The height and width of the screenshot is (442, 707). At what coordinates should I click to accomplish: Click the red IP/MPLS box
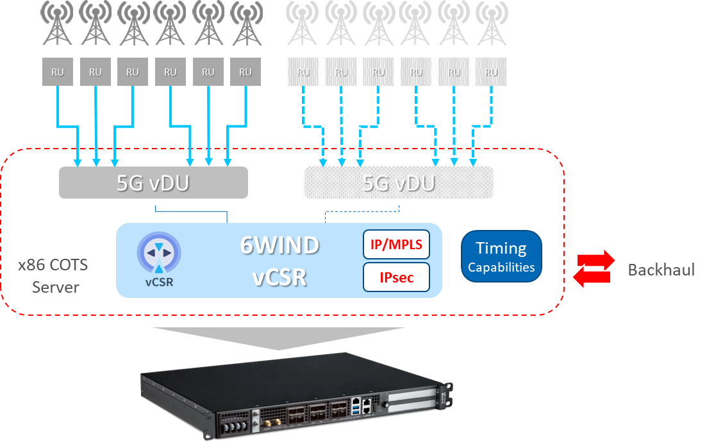click(x=396, y=245)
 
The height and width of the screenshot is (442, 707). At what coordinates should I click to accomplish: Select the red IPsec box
click(x=396, y=277)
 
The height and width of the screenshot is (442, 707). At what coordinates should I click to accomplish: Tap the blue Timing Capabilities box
click(x=501, y=256)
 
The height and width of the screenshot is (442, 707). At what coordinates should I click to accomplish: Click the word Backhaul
click(x=661, y=270)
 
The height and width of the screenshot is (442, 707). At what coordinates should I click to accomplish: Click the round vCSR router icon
click(x=159, y=253)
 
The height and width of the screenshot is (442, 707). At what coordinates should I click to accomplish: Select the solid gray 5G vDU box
click(x=153, y=183)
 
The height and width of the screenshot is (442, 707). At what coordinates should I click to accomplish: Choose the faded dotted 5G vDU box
click(x=399, y=183)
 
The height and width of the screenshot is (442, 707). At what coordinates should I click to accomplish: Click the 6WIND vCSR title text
click(x=280, y=261)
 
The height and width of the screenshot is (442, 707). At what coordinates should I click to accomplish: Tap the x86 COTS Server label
click(x=53, y=275)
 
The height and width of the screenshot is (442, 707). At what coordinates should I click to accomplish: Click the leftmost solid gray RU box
click(x=58, y=72)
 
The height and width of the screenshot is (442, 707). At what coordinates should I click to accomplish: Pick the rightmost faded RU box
click(x=492, y=72)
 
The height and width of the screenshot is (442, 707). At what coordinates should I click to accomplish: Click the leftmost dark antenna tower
click(x=58, y=24)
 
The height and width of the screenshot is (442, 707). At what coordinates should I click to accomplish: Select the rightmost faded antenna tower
click(x=492, y=24)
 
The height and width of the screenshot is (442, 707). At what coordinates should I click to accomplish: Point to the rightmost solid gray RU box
click(x=245, y=72)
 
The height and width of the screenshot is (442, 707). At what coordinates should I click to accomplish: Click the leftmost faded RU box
click(x=304, y=72)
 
